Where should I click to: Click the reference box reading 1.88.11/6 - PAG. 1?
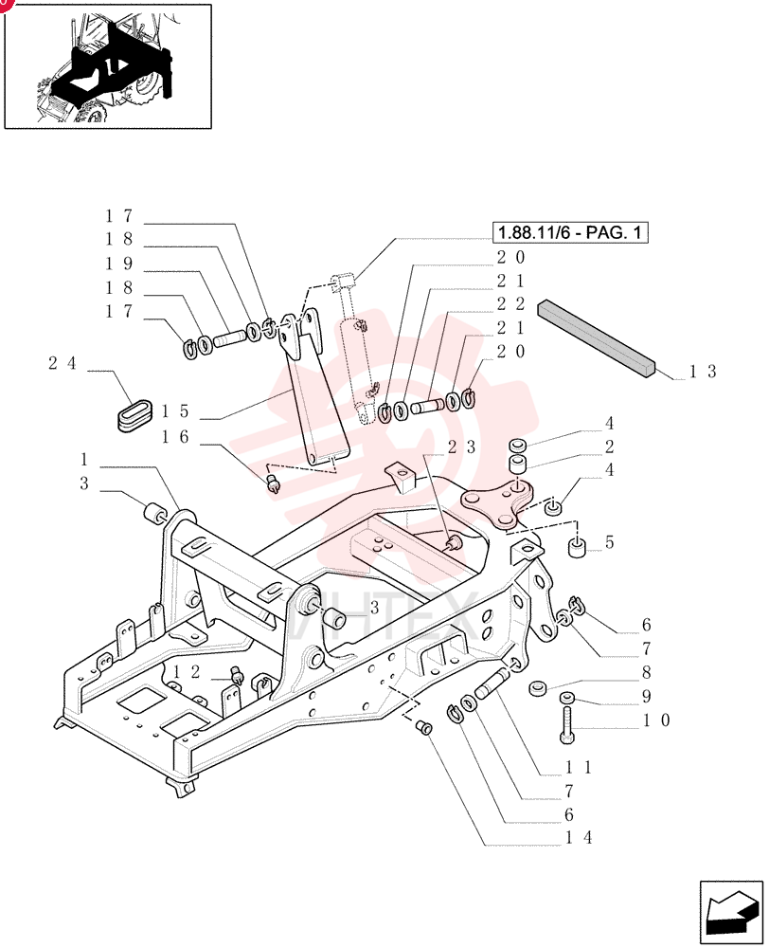570,232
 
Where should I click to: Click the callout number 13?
703,372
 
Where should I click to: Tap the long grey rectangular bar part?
596,338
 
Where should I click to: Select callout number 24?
63,363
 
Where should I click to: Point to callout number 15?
175,411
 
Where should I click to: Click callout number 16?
175,436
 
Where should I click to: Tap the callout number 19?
119,264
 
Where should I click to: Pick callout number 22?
511,303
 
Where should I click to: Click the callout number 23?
462,447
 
